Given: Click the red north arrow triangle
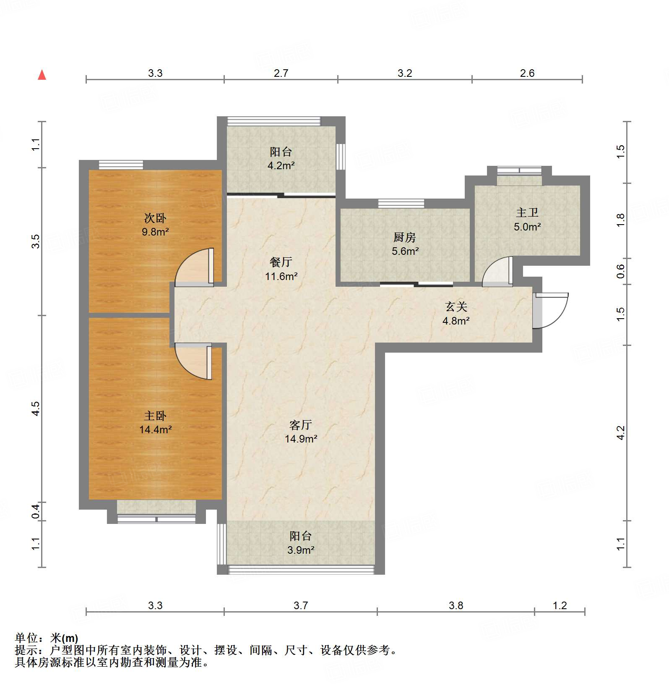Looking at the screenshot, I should click(x=42, y=75).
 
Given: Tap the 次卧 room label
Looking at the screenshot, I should click(x=155, y=218).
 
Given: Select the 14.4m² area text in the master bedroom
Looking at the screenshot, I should click(x=155, y=429).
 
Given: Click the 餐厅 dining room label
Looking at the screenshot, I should click(x=281, y=262).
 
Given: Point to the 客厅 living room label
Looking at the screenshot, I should click(x=301, y=425).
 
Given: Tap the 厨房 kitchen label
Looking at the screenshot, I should click(x=405, y=237).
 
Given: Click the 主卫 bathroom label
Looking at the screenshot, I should click(x=527, y=212).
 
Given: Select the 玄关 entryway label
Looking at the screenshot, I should click(x=456, y=307).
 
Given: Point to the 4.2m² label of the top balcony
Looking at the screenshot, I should click(x=281, y=165).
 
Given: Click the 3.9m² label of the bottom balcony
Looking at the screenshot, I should click(x=301, y=550).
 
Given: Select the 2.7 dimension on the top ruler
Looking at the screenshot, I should click(x=281, y=73).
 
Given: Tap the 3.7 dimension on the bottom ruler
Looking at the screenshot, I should click(x=301, y=605).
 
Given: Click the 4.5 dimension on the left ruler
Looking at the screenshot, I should click(x=36, y=408).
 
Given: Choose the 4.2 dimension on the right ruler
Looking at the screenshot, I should click(x=621, y=433).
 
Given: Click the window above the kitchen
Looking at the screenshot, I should click(x=401, y=204).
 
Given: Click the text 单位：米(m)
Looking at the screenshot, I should click(x=47, y=638).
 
